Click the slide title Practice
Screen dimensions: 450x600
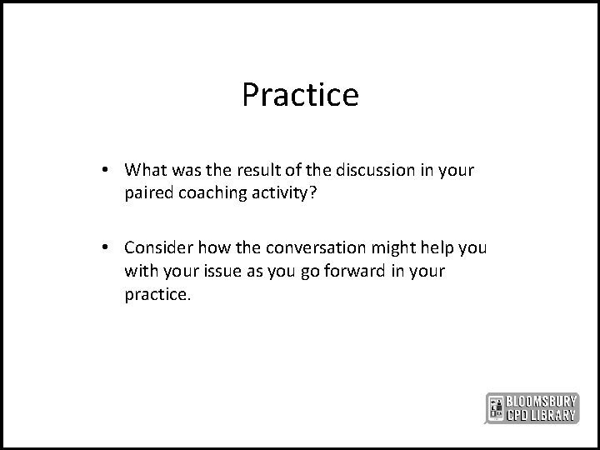(300, 95)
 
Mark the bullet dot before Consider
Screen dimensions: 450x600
(110, 247)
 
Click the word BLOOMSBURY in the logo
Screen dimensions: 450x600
(546, 399)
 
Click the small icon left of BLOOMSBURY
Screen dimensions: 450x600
(495, 407)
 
